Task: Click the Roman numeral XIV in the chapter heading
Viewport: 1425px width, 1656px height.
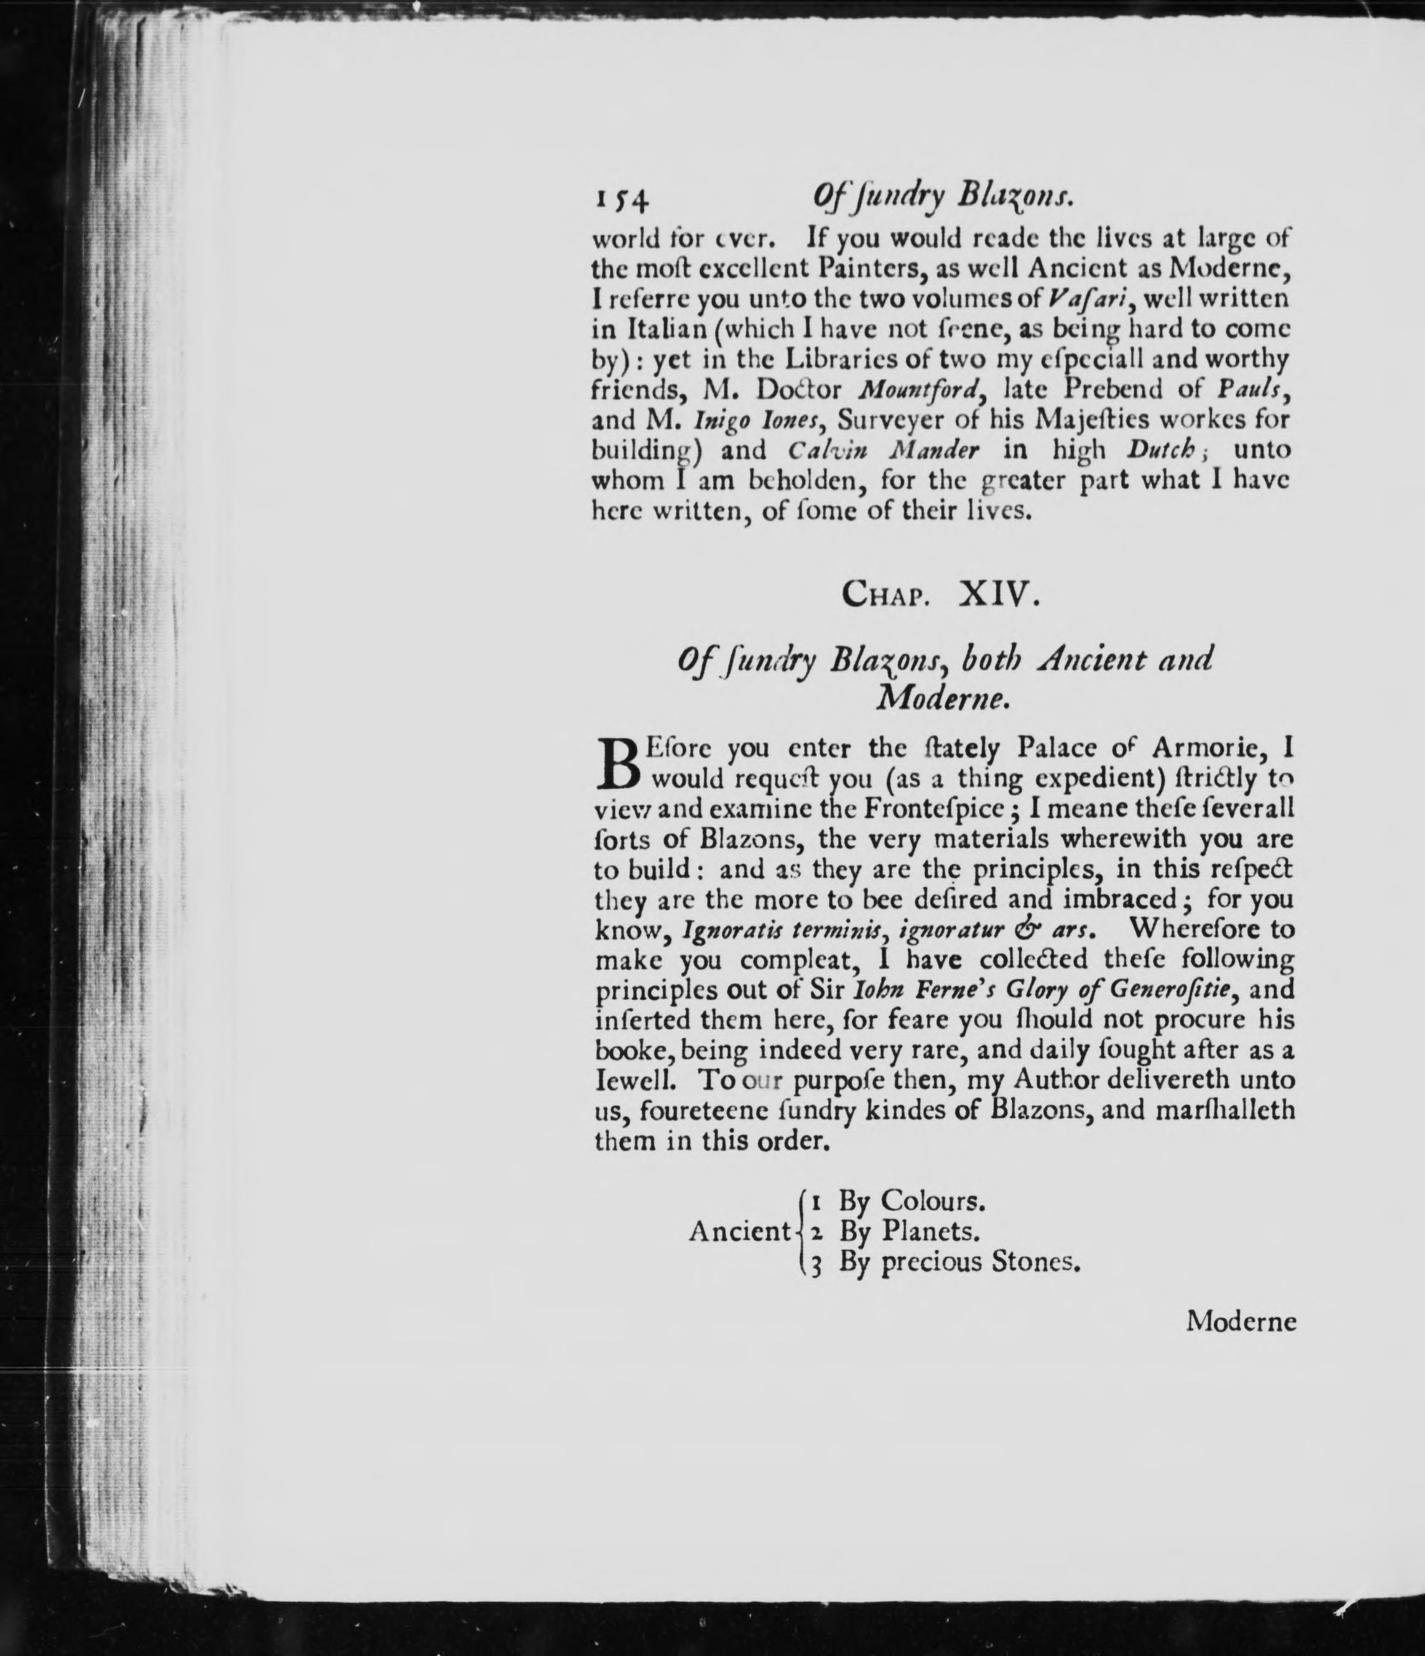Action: coord(998,595)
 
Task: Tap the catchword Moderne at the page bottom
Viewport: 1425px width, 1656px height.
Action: coord(1240,1321)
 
